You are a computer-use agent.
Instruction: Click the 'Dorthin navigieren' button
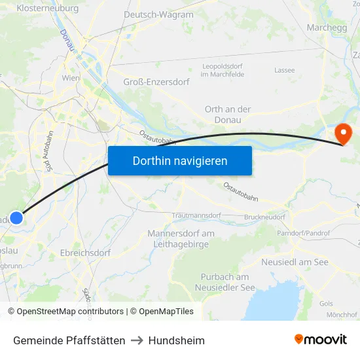[179, 160]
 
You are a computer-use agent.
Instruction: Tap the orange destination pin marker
[343, 134]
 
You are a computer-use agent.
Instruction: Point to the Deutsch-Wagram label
[158, 14]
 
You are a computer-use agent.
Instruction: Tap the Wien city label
[71, 78]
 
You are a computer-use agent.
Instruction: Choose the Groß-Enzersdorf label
[156, 82]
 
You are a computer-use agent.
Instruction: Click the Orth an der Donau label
[228, 115]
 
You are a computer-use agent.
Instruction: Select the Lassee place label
[285, 70]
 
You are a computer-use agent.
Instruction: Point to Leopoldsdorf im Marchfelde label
[223, 71]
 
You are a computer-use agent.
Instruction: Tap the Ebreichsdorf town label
[85, 253]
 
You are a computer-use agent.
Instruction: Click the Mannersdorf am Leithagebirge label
[181, 239]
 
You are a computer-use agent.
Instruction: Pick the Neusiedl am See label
[295, 262]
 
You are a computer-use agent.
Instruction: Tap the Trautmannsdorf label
[196, 215]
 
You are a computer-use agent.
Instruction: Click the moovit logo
[320, 340]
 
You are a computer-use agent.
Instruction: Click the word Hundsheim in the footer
[177, 340]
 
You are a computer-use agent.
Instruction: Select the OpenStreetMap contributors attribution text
[70, 312]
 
